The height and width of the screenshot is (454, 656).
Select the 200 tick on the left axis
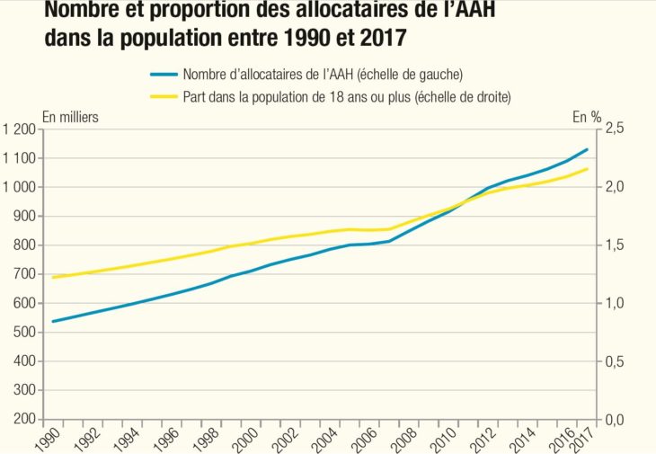(24, 420)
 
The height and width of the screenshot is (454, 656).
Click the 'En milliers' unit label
(71, 116)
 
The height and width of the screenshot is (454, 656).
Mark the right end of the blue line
(588, 149)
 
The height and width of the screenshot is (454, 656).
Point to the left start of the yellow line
(52, 277)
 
